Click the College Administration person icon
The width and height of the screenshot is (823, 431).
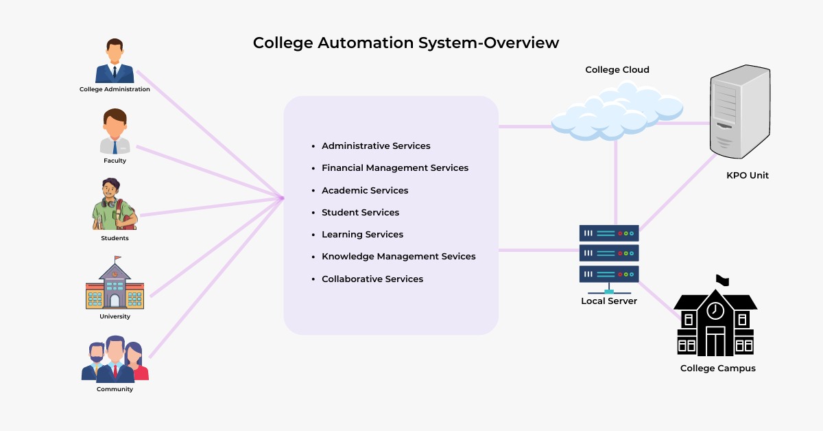(115, 62)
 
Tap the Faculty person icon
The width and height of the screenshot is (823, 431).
(115, 132)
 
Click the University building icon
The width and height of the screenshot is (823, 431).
(115, 286)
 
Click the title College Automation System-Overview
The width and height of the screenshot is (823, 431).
(406, 43)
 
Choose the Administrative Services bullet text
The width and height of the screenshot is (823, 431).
(376, 146)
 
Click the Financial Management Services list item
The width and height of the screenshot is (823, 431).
(395, 168)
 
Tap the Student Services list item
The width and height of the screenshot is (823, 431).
(360, 212)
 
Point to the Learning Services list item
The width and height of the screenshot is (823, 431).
(362, 234)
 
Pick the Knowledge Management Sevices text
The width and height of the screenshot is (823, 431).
(398, 256)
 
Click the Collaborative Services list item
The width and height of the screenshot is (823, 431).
(372, 279)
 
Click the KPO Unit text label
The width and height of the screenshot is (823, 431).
(748, 176)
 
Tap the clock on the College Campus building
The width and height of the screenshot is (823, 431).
(715, 310)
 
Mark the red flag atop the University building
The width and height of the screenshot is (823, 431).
(117, 259)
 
